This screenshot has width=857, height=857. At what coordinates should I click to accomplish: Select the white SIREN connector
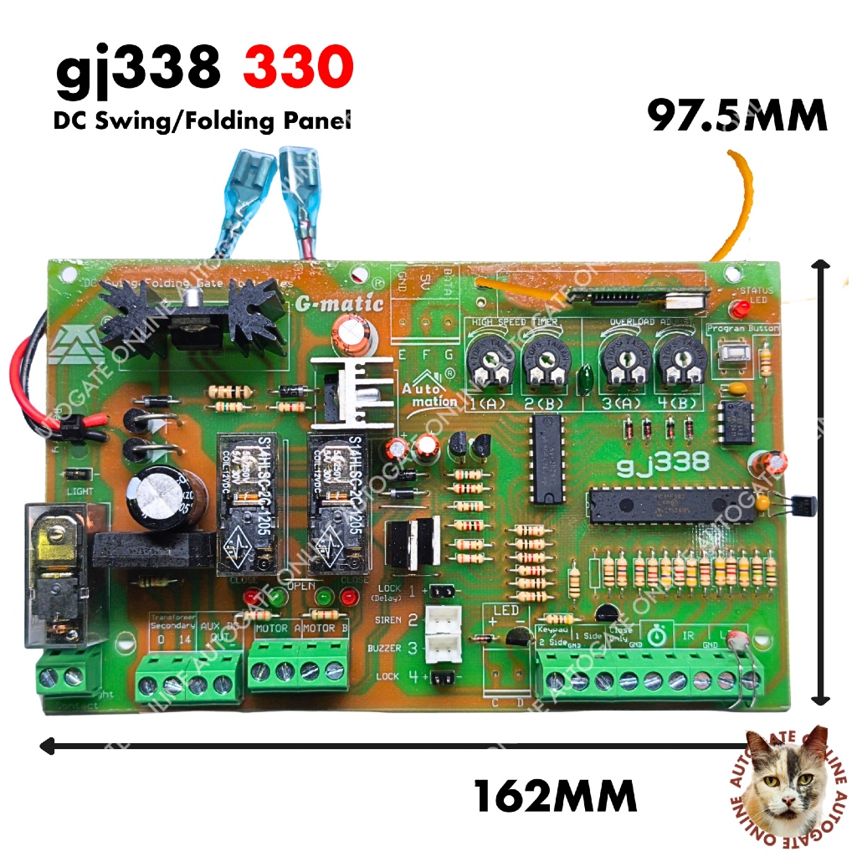pyautogui.click(x=441, y=620)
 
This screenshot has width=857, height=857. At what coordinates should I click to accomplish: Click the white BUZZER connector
pyautogui.click(x=441, y=647)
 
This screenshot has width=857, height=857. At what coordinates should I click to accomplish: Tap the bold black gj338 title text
pyautogui.click(x=138, y=71)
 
